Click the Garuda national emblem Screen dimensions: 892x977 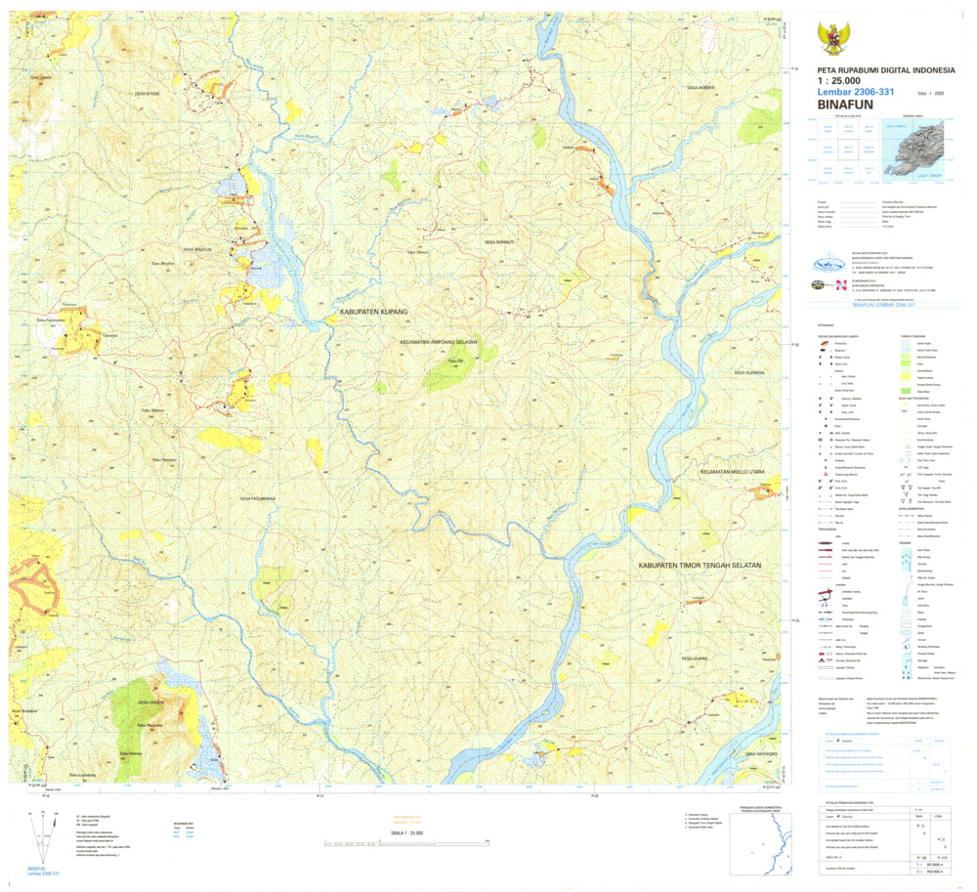(833, 38)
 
